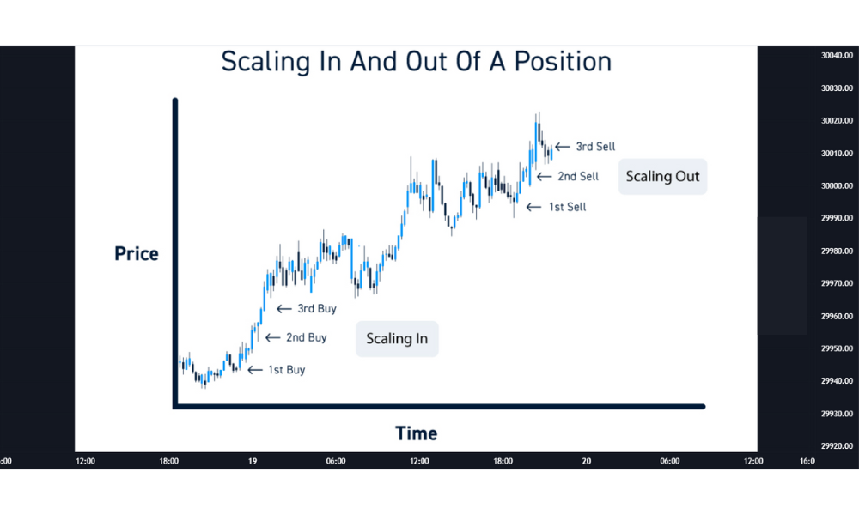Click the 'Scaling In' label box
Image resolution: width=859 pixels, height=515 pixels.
point(397,339)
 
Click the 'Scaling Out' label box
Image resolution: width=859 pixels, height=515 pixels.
point(663,176)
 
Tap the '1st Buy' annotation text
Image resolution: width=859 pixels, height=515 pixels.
point(287,370)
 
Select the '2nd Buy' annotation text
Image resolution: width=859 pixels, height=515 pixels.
point(307,337)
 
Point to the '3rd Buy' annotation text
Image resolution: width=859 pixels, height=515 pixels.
point(317,309)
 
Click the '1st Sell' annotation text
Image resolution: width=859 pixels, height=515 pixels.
point(568,207)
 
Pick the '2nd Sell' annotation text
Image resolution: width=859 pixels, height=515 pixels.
point(578,176)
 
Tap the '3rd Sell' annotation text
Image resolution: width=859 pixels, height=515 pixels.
point(595,147)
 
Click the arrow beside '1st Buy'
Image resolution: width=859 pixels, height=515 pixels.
point(255,370)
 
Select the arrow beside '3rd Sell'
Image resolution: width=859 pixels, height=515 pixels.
point(562,147)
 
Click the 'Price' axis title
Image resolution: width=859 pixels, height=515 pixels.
point(137,253)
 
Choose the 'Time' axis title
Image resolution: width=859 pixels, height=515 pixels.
point(417,433)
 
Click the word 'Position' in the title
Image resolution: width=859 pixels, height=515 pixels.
point(563,61)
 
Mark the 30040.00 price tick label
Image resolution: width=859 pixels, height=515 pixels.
point(837,55)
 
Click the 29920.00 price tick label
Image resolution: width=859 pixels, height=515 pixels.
point(837,446)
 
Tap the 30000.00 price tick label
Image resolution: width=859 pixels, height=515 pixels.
point(837,186)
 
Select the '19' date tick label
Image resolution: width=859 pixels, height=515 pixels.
point(253,462)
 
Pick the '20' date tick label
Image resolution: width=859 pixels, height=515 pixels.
point(587,462)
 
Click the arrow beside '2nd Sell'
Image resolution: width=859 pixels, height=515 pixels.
point(544,176)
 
